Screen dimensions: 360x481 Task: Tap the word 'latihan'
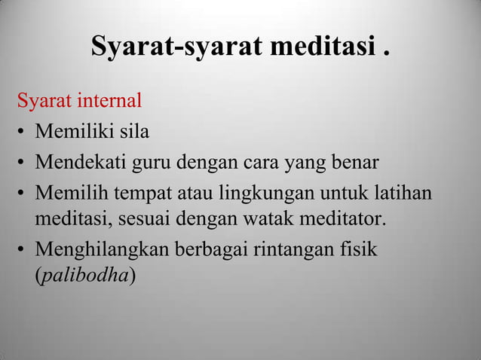(x=404, y=194)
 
